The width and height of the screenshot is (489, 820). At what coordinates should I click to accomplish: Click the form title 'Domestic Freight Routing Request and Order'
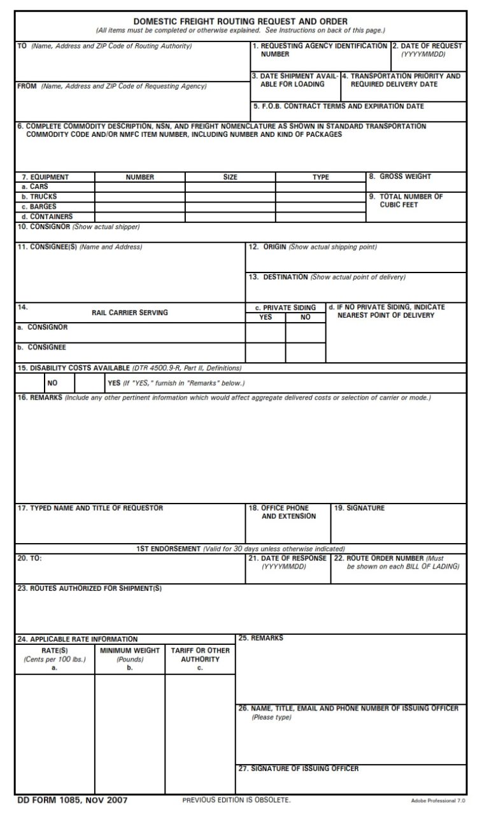coord(240,21)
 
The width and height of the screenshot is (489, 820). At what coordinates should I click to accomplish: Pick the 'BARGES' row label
coord(43,206)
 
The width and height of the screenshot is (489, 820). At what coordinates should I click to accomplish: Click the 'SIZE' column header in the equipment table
coord(230,177)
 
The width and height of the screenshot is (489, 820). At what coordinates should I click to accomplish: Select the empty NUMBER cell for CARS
coord(139,187)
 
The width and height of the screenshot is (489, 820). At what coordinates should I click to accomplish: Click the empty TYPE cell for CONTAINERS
coord(320,216)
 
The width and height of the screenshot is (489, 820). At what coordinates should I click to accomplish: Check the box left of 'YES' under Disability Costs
coord(90,383)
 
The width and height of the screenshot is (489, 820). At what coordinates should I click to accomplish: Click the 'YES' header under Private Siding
coord(266,316)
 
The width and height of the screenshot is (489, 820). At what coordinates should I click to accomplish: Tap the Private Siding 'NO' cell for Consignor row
coord(305,332)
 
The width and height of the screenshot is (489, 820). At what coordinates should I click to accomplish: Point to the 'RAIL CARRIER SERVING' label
coord(130,313)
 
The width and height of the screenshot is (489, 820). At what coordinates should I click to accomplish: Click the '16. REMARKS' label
coord(39,398)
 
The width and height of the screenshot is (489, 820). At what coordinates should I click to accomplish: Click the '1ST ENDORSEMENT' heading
coord(167,549)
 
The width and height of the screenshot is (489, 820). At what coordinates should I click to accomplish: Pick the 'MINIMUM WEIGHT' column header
coord(130,651)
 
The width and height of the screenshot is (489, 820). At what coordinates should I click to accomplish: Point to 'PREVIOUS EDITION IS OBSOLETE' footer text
coord(236,800)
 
